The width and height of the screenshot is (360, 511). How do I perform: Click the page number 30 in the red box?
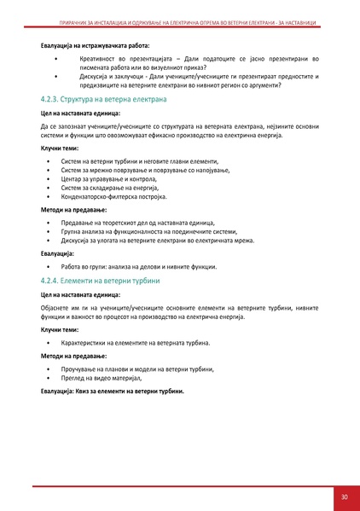344,496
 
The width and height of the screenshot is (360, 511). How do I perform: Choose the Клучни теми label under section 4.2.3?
60,148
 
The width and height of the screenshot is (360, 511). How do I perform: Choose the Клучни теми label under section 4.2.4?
60,328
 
